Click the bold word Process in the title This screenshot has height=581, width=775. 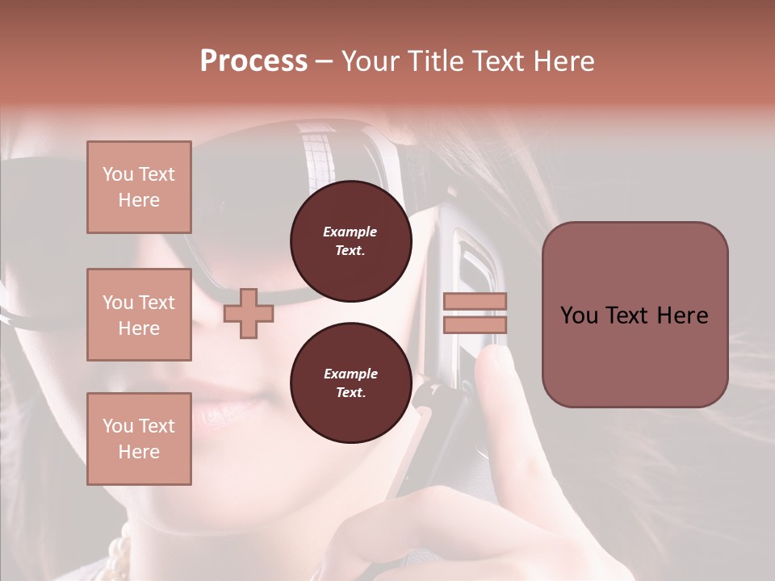[253, 61]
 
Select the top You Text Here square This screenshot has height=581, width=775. [139, 187]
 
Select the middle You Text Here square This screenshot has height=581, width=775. [139, 315]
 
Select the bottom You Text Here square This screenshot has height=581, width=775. [139, 438]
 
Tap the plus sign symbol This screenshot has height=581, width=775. [249, 314]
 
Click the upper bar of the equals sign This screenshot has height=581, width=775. [475, 301]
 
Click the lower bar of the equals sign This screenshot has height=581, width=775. [475, 324]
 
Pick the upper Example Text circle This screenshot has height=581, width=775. [350, 240]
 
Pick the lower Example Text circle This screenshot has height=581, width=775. [350, 382]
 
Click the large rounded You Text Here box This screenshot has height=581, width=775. [635, 315]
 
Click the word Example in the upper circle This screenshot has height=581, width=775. [350, 232]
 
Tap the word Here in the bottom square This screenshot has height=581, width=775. [139, 451]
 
